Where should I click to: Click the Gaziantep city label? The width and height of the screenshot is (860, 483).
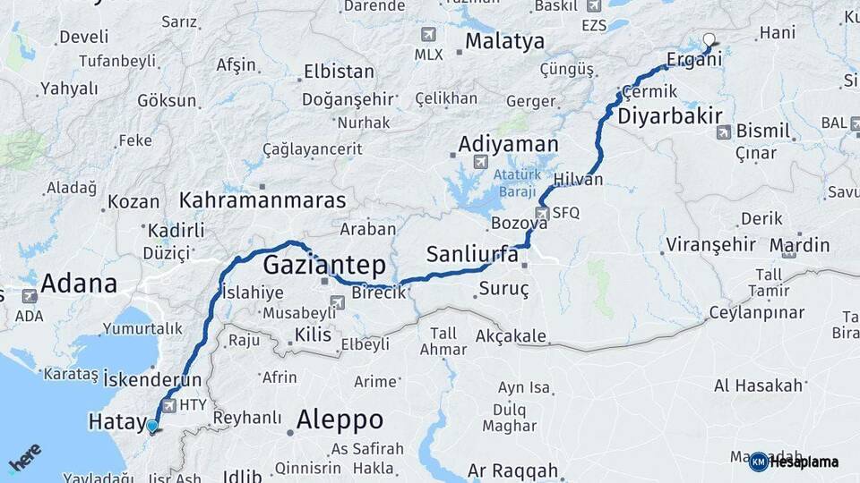click(324, 265)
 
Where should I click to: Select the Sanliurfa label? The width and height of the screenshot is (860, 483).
click(472, 254)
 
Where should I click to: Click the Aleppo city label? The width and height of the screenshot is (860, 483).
click(340, 419)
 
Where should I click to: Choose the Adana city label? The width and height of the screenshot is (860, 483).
click(79, 284)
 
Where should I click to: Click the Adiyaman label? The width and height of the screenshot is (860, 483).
click(508, 143)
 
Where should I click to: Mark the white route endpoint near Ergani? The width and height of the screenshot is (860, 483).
click(709, 39)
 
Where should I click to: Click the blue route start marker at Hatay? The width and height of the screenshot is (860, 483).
click(152, 426)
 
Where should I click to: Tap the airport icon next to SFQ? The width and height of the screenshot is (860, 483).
click(541, 213)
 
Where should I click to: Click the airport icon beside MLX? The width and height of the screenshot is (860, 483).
click(427, 35)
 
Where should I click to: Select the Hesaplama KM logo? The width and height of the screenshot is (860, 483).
click(794, 462)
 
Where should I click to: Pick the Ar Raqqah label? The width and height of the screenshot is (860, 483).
click(512, 470)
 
